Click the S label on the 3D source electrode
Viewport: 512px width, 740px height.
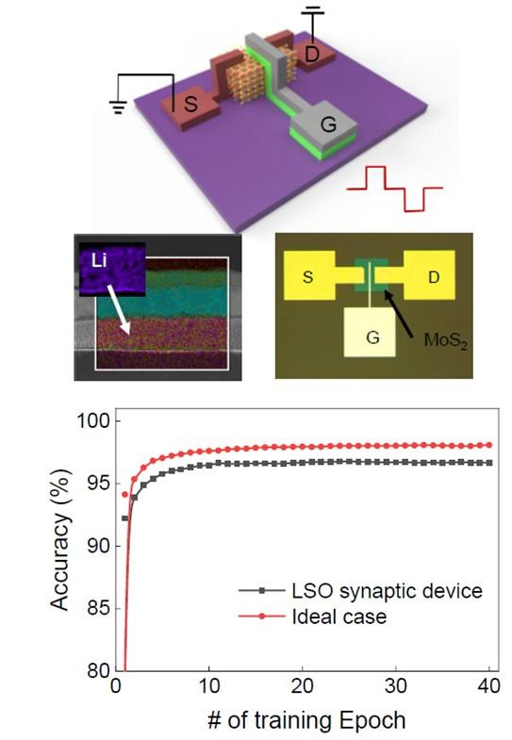pos(190,104)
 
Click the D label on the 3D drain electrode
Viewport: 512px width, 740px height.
pos(312,55)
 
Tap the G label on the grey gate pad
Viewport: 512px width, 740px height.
pos(328,124)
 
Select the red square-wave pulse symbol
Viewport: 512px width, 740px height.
pos(394,189)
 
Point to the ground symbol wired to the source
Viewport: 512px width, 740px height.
pos(118,107)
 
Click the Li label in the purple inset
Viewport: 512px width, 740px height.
pos(99,260)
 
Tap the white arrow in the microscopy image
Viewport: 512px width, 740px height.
pos(118,309)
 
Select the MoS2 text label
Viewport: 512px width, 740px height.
pos(445,340)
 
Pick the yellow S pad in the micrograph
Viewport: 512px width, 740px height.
pos(309,275)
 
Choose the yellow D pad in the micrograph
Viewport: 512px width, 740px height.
pos(429,275)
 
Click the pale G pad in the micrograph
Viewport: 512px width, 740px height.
pos(370,332)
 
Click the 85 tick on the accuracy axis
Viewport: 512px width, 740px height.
pos(98,608)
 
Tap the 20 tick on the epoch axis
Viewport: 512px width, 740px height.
pos(302,685)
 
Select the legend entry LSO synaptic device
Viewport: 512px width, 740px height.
pos(360,590)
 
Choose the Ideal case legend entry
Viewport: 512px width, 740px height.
pos(312,617)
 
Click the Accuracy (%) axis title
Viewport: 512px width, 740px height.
pos(61,540)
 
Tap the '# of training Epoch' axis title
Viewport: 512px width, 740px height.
pos(306,720)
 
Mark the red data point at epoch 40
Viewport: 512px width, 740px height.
pos(489,445)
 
